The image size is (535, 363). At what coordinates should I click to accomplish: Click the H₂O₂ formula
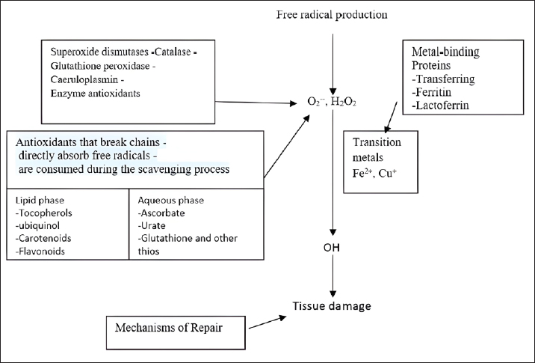344,102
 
